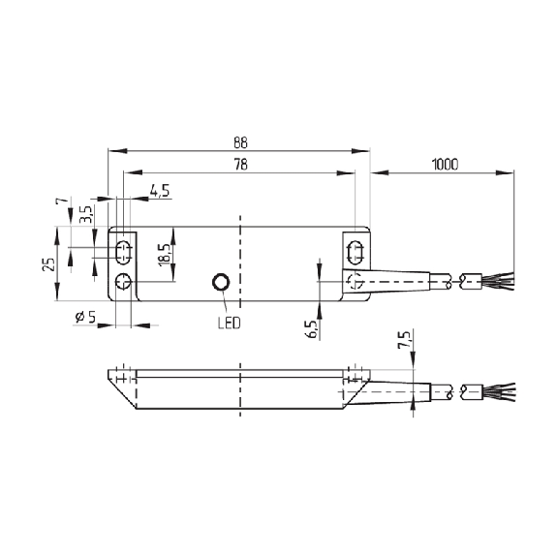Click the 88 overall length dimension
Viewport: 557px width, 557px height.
[x=240, y=142]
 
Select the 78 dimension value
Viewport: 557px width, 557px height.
[x=240, y=165]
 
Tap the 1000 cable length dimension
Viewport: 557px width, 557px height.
[x=445, y=165]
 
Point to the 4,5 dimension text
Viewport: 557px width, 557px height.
[x=160, y=191]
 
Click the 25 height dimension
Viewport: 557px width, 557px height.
[x=49, y=263]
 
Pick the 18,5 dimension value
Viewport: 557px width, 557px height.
[x=165, y=255]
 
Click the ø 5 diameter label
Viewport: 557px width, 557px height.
[x=85, y=317]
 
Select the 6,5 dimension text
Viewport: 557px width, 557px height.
[x=311, y=329]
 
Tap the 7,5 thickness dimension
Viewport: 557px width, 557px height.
[x=404, y=340]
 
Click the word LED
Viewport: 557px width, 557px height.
[x=230, y=323]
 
